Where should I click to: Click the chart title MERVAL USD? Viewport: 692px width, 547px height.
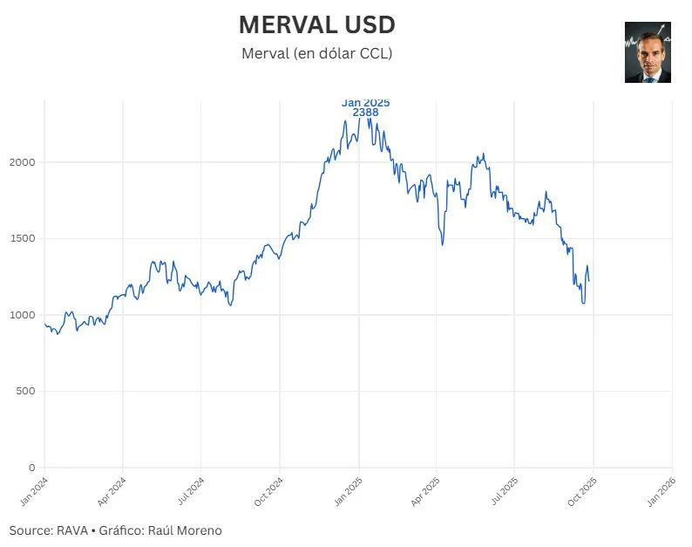click(316, 24)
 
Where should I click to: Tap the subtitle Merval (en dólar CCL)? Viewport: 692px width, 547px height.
click(316, 53)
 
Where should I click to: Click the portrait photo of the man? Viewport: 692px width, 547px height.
click(648, 52)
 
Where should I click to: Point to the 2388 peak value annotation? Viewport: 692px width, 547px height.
click(365, 113)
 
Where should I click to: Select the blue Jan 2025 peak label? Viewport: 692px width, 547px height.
click(365, 103)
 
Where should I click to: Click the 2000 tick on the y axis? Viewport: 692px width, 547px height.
click(24, 162)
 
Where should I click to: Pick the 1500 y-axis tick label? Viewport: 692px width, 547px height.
click(24, 238)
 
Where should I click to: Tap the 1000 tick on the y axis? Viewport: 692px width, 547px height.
click(24, 315)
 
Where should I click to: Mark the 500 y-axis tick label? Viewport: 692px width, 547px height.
click(26, 391)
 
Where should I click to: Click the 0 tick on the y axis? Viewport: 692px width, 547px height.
click(32, 468)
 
